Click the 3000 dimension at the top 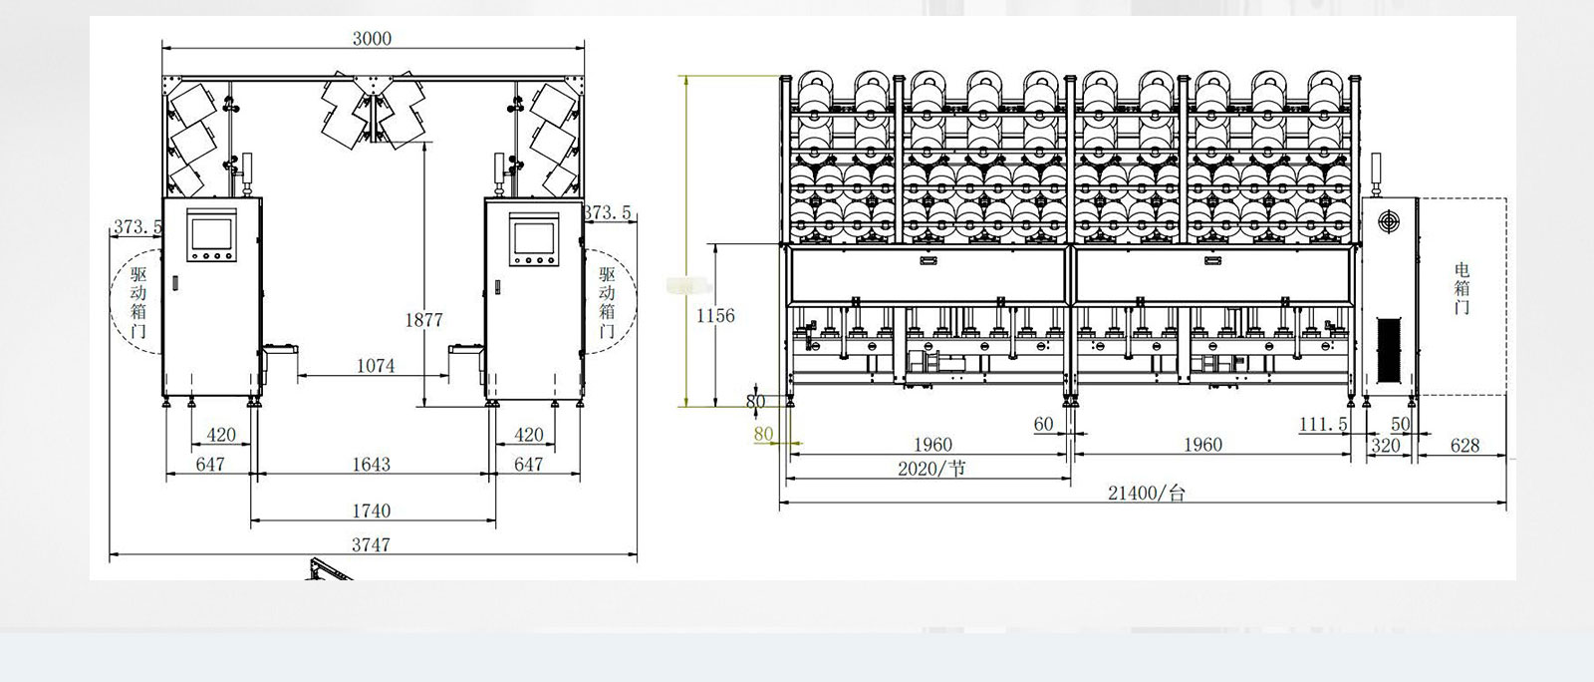373,39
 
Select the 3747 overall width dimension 372,544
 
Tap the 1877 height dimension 424,320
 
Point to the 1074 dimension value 376,366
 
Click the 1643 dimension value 372,465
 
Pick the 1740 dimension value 372,511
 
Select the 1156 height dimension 715,315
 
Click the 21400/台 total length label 1147,493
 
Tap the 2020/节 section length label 931,469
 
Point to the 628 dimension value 1465,446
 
